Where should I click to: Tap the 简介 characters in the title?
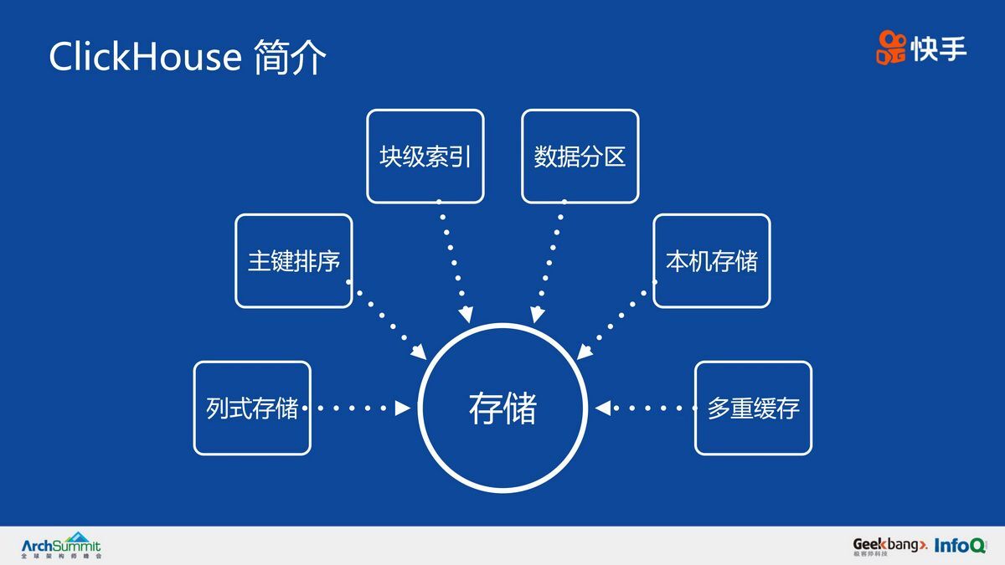289,57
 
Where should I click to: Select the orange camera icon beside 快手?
892,48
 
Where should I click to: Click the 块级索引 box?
425,157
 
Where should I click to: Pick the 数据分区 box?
580,157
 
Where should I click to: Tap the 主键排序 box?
294,261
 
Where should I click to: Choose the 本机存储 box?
711,261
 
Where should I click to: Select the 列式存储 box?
252,408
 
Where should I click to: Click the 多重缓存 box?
753,408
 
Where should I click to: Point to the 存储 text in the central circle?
502,408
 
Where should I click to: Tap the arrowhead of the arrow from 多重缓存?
602,408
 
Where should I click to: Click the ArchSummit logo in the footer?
60,545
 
